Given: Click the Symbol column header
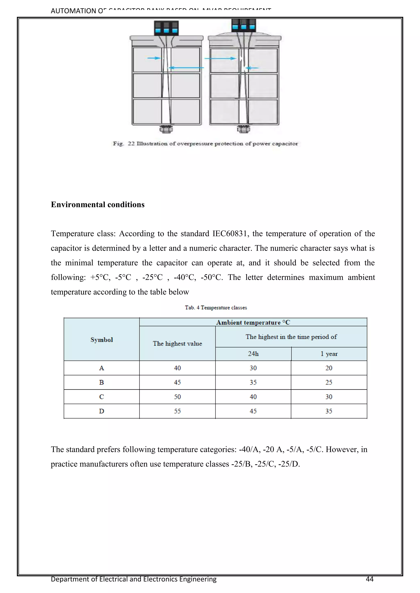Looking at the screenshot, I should point(102,340).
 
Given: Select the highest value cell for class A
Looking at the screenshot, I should point(177,368).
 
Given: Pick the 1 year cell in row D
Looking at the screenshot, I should point(329,411).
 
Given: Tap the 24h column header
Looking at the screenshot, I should point(253,354).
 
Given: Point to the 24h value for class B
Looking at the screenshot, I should point(253,382).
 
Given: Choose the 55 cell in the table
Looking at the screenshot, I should point(177,411).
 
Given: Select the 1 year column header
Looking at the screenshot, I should point(329,354).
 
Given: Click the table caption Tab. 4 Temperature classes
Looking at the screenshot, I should point(216,308).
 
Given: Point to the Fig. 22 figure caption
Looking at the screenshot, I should point(205,144).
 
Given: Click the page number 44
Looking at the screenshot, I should point(370,579).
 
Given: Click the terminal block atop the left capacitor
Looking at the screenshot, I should point(166,28).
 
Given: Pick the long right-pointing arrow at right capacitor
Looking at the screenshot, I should point(220,58).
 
